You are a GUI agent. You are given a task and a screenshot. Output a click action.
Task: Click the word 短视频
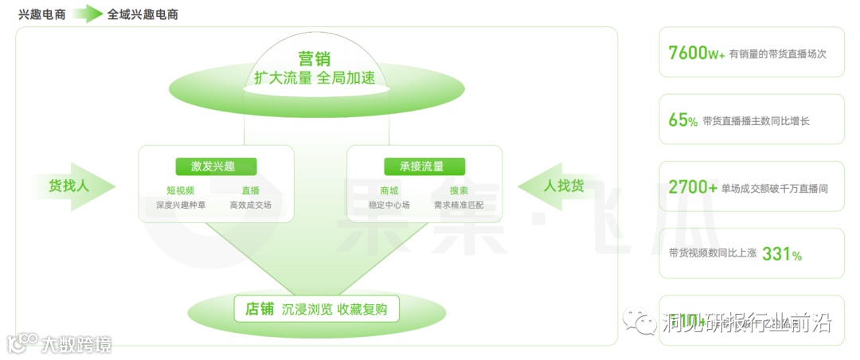180,190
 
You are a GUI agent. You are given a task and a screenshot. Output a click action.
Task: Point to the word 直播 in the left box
250,190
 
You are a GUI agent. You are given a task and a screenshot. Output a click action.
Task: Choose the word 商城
389,190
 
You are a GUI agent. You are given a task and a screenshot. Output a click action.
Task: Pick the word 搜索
459,190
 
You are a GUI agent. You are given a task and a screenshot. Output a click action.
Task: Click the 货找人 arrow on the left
73,186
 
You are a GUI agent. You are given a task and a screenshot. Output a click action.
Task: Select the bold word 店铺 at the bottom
260,309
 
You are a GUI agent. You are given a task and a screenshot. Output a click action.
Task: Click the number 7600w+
696,53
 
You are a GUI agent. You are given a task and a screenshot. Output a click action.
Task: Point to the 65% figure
682,120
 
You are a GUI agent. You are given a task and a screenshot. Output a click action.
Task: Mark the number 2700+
693,188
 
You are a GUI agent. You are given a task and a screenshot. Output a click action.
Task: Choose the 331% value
781,254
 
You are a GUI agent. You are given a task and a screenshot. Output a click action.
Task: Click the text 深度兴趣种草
180,205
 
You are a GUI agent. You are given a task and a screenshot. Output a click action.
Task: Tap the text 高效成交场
250,205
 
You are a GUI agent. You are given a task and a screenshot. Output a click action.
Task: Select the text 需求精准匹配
459,205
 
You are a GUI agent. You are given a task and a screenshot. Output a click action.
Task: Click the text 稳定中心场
389,205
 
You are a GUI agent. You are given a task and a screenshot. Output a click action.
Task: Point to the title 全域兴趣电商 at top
143,14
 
